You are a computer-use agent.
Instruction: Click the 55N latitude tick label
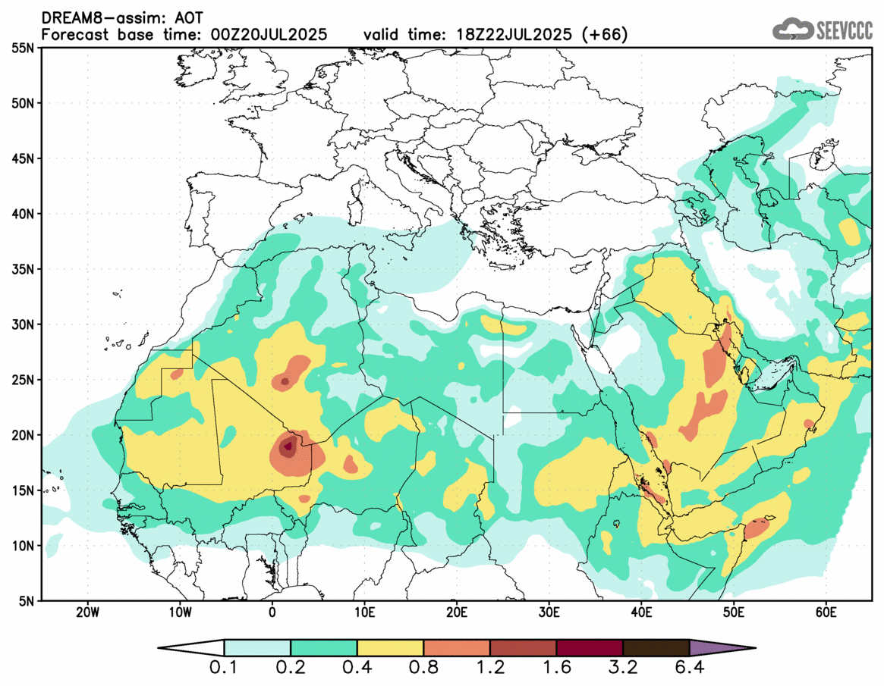click(24, 48)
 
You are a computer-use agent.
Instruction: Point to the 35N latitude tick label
click(24, 269)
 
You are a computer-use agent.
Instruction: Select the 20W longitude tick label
click(88, 612)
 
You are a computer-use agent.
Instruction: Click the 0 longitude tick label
click(272, 612)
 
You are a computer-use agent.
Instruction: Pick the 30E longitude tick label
click(549, 612)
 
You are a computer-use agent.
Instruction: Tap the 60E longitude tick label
click(826, 612)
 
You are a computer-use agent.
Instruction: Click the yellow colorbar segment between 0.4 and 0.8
click(390, 648)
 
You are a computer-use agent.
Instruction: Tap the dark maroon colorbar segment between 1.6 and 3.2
click(590, 648)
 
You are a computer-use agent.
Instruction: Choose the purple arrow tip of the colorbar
click(721, 648)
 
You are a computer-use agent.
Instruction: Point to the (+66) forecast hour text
click(606, 35)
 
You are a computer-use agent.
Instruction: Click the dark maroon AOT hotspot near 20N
click(288, 446)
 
